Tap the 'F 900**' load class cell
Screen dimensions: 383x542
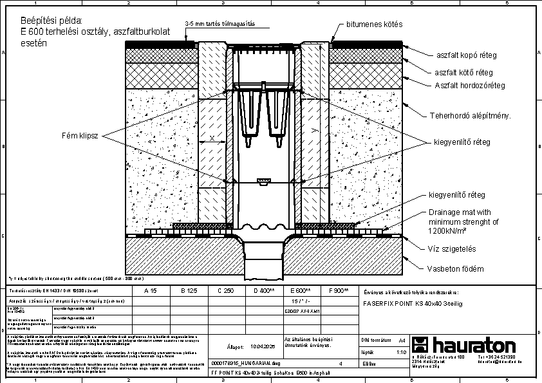[338, 291]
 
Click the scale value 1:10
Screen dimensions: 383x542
[400, 352]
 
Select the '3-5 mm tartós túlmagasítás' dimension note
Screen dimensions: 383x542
[220, 24]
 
